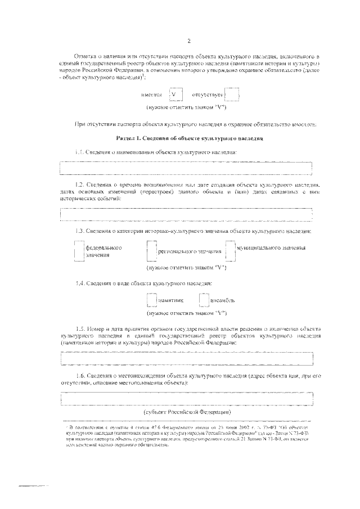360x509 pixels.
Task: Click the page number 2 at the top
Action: (190, 40)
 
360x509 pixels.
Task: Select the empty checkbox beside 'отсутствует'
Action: (231, 95)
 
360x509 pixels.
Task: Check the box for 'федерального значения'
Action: (79, 251)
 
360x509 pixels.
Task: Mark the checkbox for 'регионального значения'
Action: (150, 251)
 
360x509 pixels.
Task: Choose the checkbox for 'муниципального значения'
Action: (229, 251)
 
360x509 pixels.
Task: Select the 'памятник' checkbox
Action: (151, 300)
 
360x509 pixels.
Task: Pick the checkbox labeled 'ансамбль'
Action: (203, 300)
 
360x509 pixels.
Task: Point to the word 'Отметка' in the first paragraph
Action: (87, 57)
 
